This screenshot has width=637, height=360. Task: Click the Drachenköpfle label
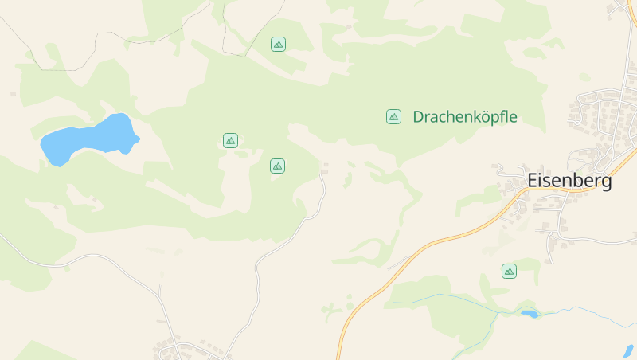click(x=465, y=117)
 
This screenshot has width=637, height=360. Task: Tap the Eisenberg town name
click(x=569, y=182)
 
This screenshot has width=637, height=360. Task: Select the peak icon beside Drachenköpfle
click(x=393, y=117)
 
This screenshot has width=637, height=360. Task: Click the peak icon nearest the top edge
click(x=278, y=44)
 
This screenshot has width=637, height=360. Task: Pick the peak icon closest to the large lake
click(x=230, y=141)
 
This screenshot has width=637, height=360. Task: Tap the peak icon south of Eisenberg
click(x=509, y=272)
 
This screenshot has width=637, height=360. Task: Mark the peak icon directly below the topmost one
click(x=277, y=166)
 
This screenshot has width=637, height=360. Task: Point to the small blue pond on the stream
click(x=529, y=314)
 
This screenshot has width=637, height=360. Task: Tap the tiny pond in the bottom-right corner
click(x=628, y=350)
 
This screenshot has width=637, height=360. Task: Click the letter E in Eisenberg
click(x=532, y=182)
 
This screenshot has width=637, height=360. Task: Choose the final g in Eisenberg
click(x=607, y=183)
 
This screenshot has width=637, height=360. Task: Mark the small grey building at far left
click(x=13, y=94)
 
